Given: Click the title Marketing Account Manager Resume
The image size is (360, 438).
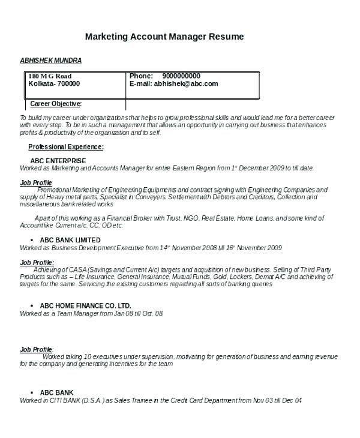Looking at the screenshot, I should (x=164, y=37).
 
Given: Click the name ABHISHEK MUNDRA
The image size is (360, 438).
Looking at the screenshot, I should (x=51, y=61).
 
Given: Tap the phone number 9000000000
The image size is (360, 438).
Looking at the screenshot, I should (x=181, y=76).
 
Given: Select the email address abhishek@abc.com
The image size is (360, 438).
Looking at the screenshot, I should (x=185, y=85).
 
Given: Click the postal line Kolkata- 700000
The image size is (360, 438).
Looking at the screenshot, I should (x=53, y=85).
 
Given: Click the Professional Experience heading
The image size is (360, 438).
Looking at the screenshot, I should (x=66, y=146).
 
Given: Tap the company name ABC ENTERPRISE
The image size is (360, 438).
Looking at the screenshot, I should (x=58, y=161).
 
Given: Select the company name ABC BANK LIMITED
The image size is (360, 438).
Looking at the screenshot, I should (x=70, y=240).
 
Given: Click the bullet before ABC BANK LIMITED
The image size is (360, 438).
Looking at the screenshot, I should (x=32, y=240).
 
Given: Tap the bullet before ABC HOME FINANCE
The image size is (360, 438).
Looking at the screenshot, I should (x=32, y=305).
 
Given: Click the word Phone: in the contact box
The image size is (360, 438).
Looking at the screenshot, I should (x=141, y=76).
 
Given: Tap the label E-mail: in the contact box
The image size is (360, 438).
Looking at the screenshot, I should (x=140, y=85).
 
